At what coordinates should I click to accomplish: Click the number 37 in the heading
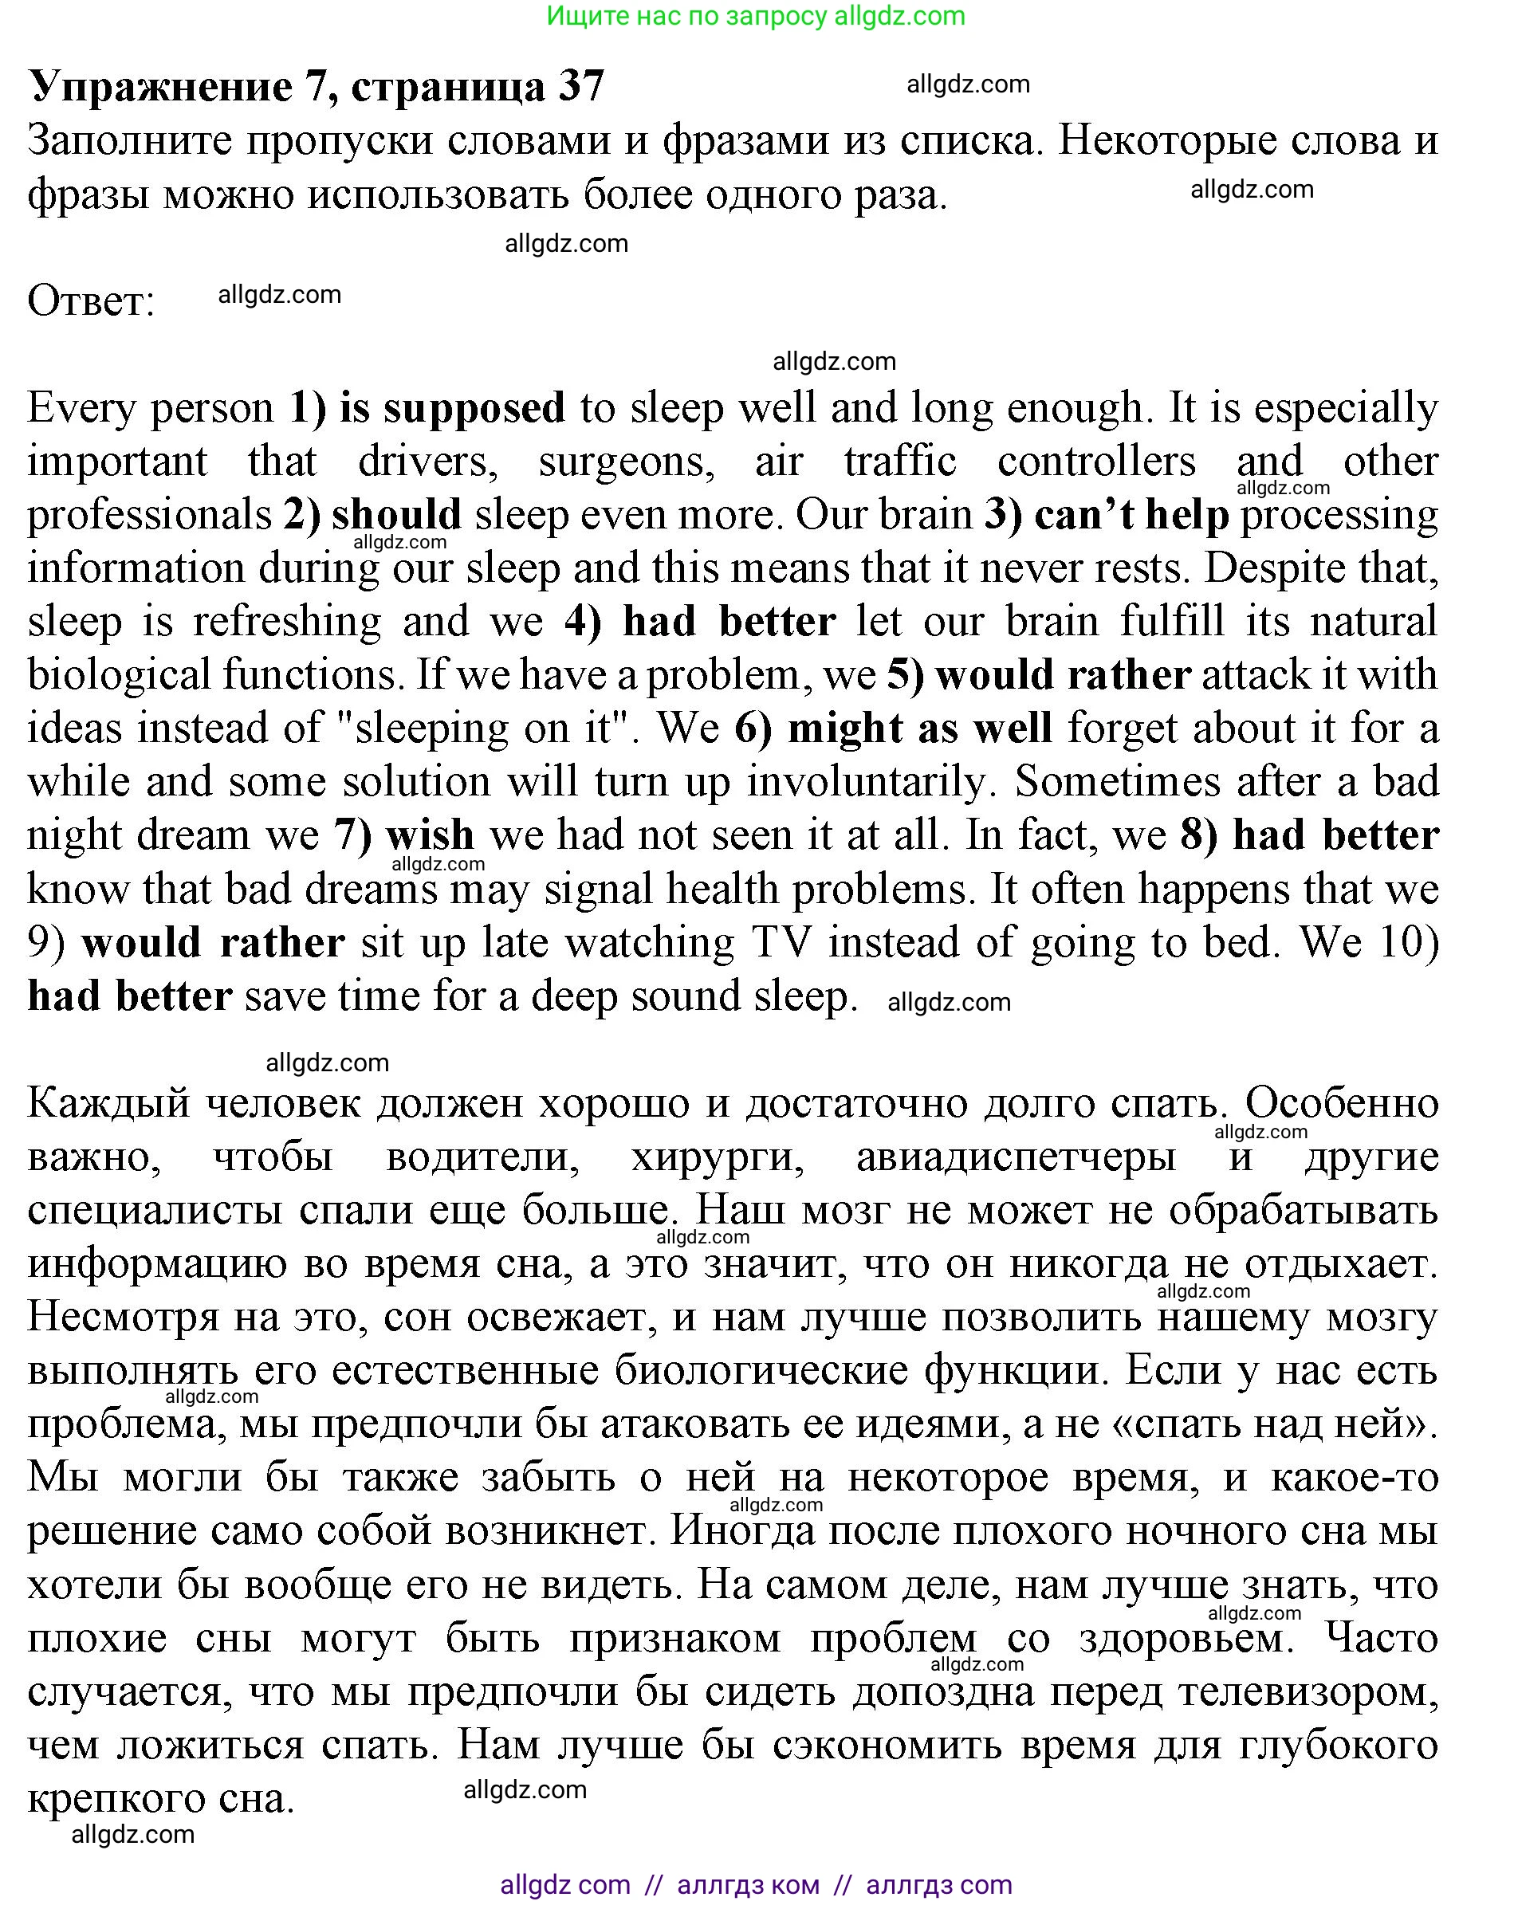[580, 87]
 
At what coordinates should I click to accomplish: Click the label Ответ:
[91, 301]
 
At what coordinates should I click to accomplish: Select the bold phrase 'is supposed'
[451, 408]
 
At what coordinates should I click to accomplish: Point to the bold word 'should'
[397, 514]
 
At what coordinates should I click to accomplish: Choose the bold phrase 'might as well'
[919, 728]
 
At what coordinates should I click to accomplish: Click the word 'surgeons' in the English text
[627, 462]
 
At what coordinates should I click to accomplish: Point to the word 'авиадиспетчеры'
[1016, 1157]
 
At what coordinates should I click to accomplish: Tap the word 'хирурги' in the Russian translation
[718, 1157]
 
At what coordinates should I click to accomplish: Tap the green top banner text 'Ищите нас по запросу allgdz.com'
[756, 16]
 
